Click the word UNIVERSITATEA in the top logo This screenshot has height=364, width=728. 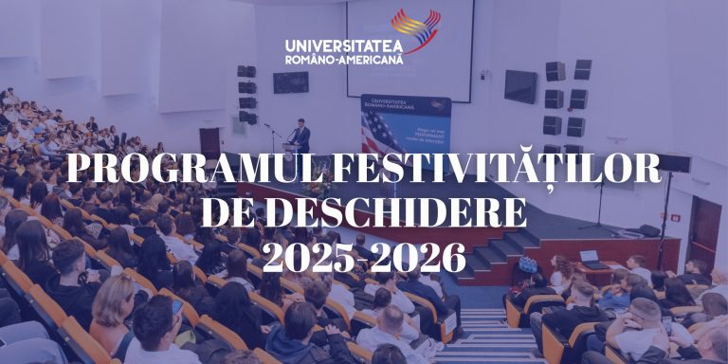tap(343, 45)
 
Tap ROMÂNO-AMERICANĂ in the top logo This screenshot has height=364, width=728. tap(343, 60)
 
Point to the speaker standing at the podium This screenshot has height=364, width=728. tap(301, 136)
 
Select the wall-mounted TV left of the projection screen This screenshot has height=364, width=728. tap(290, 82)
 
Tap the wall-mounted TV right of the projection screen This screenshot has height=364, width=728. tap(520, 86)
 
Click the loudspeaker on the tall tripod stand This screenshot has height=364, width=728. tap(673, 163)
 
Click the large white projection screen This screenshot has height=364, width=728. tap(409, 47)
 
